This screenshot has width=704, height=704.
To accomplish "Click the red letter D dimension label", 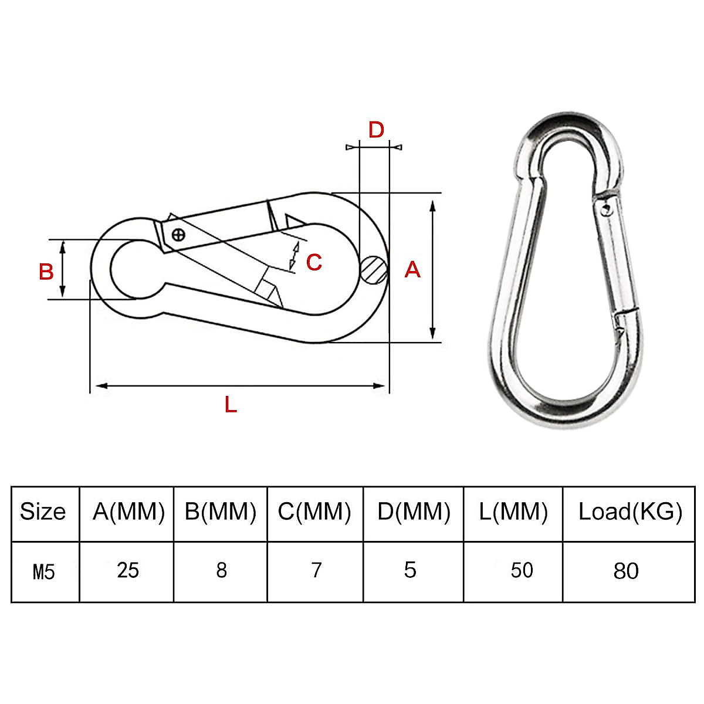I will [x=376, y=130].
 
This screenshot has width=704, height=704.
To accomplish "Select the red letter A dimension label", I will [x=413, y=269].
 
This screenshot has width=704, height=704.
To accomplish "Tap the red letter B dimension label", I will [x=46, y=272].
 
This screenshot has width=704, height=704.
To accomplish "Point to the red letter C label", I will [x=314, y=262].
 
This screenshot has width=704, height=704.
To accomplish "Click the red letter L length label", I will [x=231, y=404].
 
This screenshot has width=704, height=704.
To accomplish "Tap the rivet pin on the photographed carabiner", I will [x=606, y=207].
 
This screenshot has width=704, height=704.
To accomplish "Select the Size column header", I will [x=42, y=512].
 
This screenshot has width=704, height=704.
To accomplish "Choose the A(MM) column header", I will [x=128, y=512].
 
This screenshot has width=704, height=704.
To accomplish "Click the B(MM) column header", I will [x=221, y=512].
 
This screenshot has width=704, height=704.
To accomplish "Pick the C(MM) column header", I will [x=314, y=512].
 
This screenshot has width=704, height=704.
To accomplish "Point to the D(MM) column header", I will [x=414, y=512].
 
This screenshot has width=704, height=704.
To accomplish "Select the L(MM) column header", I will [x=513, y=512].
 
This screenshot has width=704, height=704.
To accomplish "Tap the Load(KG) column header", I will [x=630, y=512].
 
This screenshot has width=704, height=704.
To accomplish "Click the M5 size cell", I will [x=43, y=571].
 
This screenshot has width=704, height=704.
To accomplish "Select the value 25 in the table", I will [x=128, y=570].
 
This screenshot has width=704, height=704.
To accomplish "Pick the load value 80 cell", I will [x=625, y=571].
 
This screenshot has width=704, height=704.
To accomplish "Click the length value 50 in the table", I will [x=522, y=570].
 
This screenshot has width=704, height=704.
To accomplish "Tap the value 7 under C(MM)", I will [x=317, y=570].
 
